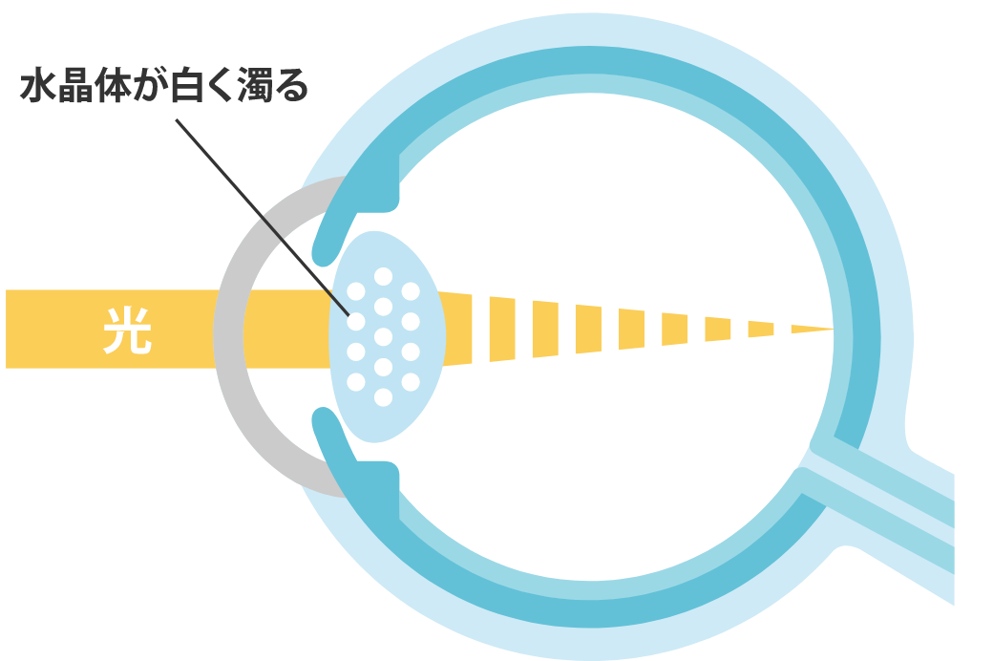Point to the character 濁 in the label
click(x=257, y=87)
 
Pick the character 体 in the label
click(x=114, y=87)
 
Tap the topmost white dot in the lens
click(x=384, y=276)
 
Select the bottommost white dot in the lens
click(x=384, y=396)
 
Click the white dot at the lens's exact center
click(x=384, y=336)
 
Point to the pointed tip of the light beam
click(x=831, y=330)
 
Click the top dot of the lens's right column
click(x=411, y=290)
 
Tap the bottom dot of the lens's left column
click(x=356, y=382)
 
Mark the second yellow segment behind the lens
click(x=502, y=330)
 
